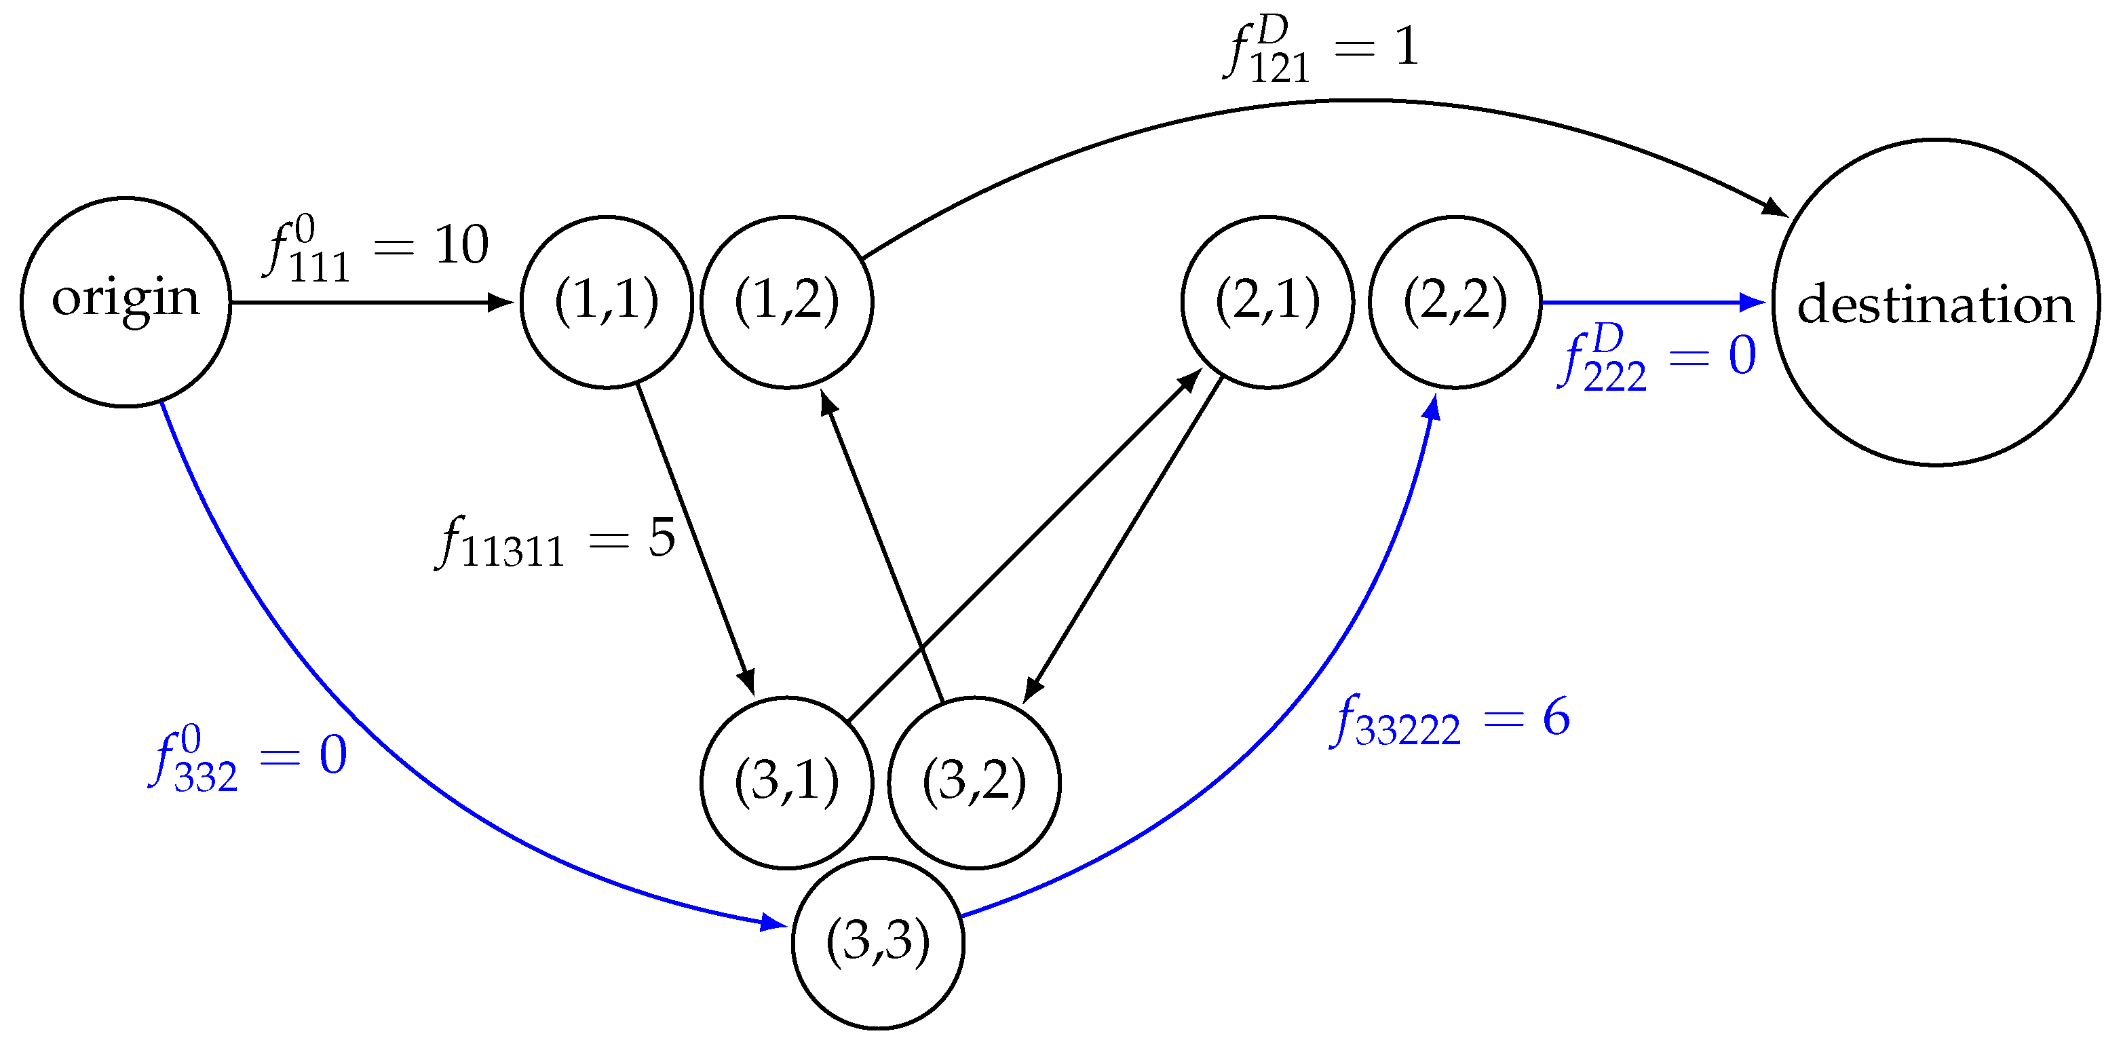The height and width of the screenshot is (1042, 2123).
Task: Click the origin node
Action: [126, 303]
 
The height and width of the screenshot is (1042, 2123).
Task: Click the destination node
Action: [1935, 303]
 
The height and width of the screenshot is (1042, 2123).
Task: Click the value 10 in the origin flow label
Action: [461, 245]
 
